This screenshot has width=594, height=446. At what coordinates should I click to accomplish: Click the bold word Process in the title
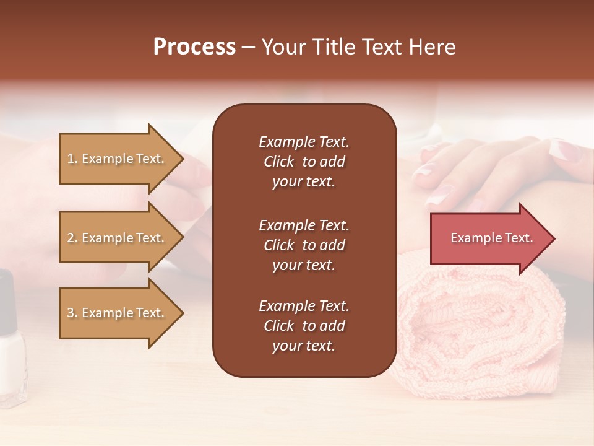[194, 47]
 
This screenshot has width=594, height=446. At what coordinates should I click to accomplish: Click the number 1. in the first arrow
[72, 159]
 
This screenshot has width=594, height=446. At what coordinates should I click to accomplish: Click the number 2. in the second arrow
[72, 238]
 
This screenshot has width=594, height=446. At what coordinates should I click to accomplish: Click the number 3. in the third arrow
[72, 313]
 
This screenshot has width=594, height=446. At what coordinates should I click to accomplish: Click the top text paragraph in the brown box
[304, 162]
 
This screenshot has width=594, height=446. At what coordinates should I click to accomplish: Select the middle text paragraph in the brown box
[304, 245]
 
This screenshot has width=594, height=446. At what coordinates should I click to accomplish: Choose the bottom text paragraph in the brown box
[304, 326]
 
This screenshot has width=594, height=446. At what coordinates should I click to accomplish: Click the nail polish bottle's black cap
[6, 297]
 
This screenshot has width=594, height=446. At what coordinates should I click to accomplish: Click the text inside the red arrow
[491, 238]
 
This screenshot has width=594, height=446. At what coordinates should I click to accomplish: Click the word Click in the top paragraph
[278, 162]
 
